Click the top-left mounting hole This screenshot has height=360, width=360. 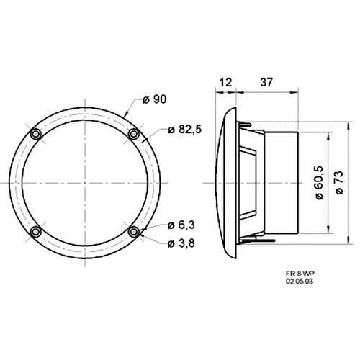(x=35, y=135)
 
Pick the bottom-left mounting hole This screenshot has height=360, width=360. (x=35, y=232)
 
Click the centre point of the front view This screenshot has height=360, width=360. (x=84, y=183)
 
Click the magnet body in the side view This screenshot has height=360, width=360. (x=281, y=182)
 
